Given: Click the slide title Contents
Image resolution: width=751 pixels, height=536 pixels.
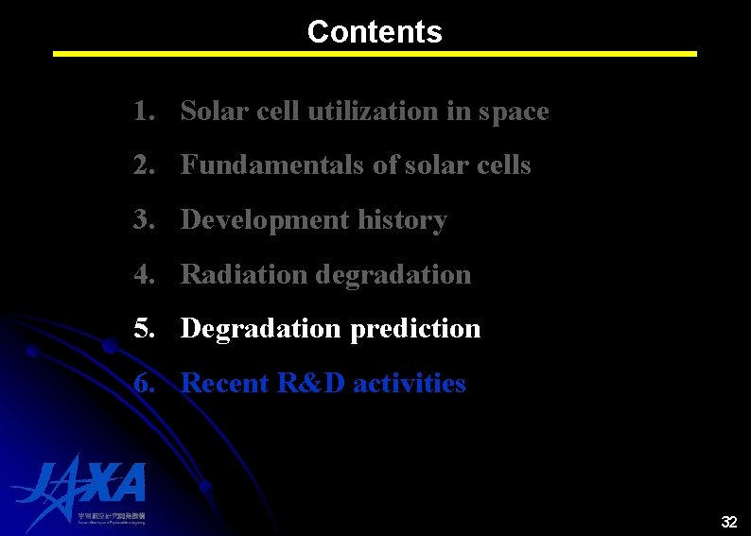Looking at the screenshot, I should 375,31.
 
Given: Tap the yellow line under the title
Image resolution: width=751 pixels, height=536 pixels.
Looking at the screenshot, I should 375,54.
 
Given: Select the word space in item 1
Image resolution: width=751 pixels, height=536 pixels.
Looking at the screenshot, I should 513,112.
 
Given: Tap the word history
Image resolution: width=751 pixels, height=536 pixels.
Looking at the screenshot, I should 404,220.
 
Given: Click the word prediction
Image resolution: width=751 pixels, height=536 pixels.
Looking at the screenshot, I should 415,329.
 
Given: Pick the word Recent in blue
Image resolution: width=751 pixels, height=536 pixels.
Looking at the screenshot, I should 225,384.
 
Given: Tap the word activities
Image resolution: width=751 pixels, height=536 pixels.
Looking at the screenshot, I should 410,384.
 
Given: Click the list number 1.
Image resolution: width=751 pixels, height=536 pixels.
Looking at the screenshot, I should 143,112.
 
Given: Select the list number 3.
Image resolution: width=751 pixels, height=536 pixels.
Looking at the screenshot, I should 143,220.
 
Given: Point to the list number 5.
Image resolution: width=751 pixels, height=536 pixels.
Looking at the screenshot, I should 143,329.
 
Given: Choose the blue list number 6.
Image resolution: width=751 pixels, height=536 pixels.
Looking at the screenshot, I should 143,384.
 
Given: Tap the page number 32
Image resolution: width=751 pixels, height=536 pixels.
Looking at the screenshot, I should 728,522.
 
